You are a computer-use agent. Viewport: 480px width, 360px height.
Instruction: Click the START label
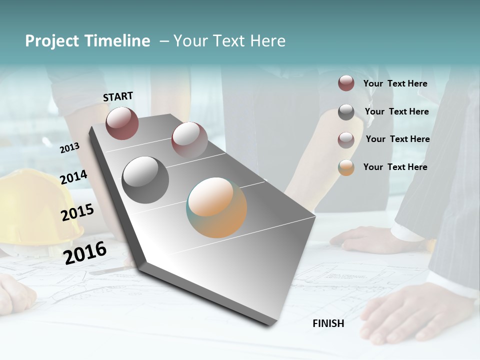pyautogui.click(x=118, y=96)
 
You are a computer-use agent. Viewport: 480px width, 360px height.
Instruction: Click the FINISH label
pyautogui.click(x=328, y=323)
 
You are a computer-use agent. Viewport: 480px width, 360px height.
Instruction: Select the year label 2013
pyautogui.click(x=69, y=147)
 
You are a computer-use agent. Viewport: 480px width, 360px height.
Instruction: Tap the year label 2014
pyautogui.click(x=73, y=177)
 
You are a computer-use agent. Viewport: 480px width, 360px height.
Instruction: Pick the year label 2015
pyautogui.click(x=77, y=212)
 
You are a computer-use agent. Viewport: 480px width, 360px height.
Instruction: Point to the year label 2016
pyautogui.click(x=85, y=252)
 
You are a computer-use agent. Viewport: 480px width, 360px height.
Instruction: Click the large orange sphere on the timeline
pyautogui.click(x=216, y=207)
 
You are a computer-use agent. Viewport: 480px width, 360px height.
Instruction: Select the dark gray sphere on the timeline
pyautogui.click(x=145, y=180)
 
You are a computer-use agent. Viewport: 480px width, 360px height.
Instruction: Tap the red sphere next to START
pyautogui.click(x=122, y=123)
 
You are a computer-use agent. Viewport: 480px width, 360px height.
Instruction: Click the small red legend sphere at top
pyautogui.click(x=346, y=83)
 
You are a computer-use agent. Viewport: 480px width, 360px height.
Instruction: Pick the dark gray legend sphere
pyautogui.click(x=346, y=112)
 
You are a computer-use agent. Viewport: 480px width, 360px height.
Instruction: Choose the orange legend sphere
pyautogui.click(x=346, y=167)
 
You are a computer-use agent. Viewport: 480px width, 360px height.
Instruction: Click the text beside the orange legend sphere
pyautogui.click(x=395, y=167)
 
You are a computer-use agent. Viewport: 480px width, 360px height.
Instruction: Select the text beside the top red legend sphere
pyautogui.click(x=395, y=83)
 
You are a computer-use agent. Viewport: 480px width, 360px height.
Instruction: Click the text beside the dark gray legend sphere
pyautogui.click(x=396, y=111)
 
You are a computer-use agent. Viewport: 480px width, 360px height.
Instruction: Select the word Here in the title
pyautogui.click(x=267, y=41)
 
